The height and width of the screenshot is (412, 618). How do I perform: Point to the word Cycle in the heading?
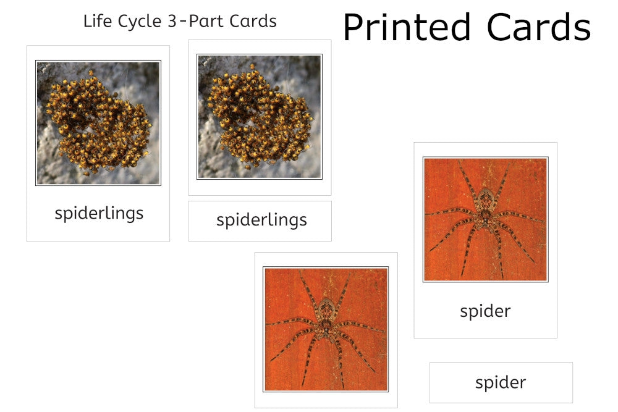click(140, 22)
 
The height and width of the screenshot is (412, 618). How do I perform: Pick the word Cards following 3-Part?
click(253, 21)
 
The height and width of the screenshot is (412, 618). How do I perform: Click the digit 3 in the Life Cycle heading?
click(172, 21)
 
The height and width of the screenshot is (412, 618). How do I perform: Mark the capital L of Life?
click(87, 21)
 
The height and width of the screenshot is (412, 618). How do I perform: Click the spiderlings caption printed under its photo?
click(99, 214)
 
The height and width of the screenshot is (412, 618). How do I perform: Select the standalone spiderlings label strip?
click(260, 221)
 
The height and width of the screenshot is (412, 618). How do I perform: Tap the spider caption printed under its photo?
click(485, 311)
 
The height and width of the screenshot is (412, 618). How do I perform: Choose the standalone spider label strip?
click(501, 382)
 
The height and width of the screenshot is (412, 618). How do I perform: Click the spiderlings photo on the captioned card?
click(98, 122)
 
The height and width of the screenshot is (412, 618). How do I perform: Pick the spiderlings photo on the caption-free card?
click(260, 117)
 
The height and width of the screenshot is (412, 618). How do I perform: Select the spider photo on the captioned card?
click(486, 219)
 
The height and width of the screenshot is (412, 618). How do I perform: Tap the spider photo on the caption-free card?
click(326, 329)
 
